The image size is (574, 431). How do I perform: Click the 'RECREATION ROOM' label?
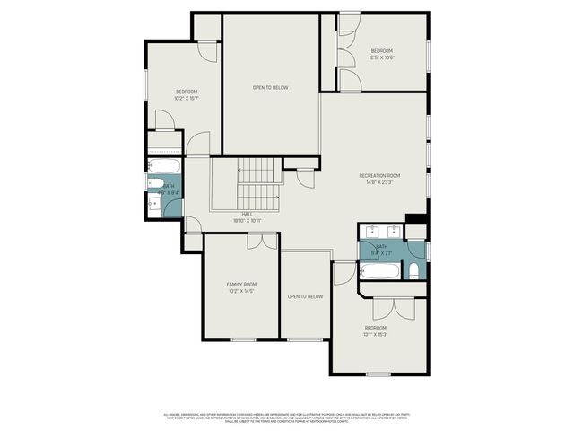coord(379,175)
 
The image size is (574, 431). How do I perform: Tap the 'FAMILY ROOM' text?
coord(241,284)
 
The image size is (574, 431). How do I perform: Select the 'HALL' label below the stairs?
coord(246,214)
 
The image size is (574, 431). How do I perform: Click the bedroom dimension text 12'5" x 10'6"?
coord(382,57)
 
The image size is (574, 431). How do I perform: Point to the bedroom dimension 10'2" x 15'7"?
coord(186,98)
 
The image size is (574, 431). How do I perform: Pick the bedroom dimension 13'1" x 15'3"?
coord(375,334)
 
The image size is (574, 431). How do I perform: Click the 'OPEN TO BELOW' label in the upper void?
coord(270,87)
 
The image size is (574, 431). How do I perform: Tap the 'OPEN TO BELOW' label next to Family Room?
coord(305,296)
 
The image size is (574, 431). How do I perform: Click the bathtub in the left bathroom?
coord(164,166)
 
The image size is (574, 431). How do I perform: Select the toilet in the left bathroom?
coord(153,183)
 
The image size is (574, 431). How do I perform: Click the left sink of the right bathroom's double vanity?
coord(372,231)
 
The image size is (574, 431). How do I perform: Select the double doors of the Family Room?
coord(262,241)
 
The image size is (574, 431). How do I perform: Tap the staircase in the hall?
coord(259,183)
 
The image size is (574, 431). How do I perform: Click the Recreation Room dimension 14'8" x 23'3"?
coord(379,182)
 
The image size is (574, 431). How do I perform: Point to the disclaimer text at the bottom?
coord(287,418)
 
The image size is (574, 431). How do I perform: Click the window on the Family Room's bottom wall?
coord(243,339)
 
